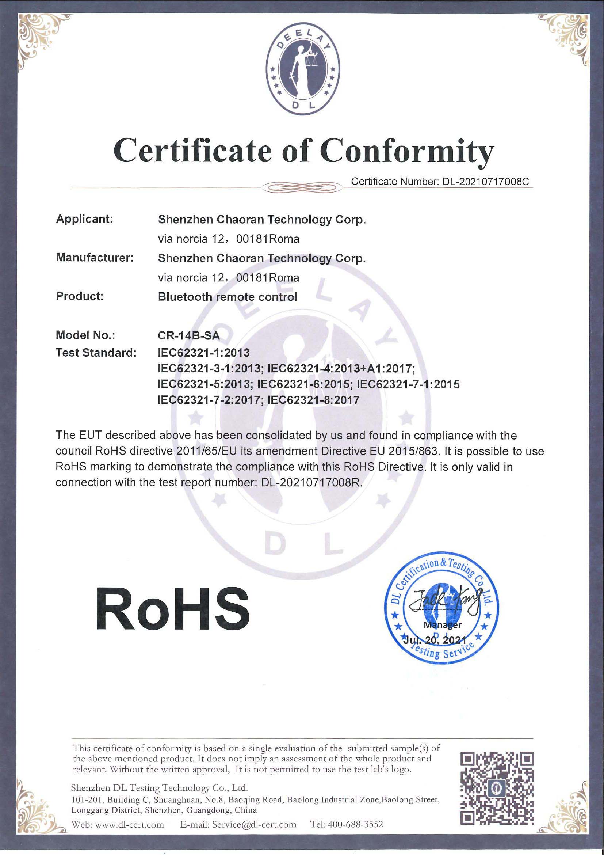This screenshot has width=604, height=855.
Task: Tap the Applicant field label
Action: coord(84,218)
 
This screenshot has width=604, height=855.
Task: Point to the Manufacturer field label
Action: coord(95,257)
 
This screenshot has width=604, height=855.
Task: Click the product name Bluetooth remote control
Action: coord(228,297)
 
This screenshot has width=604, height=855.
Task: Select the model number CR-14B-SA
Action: coord(189,335)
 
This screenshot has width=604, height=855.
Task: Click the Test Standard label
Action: coord(96,352)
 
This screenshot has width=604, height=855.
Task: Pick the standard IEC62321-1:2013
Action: coord(203,352)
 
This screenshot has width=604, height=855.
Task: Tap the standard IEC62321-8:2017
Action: coord(313,400)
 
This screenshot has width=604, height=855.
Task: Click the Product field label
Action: coord(79,296)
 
